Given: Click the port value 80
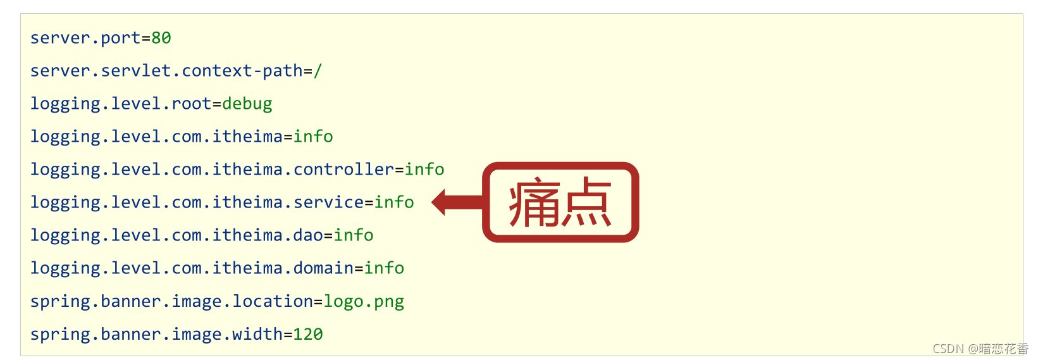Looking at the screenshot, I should pyautogui.click(x=161, y=38).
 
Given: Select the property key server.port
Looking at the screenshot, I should pyautogui.click(x=85, y=38).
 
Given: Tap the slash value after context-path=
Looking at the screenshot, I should pyautogui.click(x=318, y=71).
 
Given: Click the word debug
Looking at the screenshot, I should pyautogui.click(x=247, y=104).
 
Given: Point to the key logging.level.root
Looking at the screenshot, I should pyautogui.click(x=121, y=104).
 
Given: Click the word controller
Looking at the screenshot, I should pyautogui.click(x=343, y=170).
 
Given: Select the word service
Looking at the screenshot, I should pyautogui.click(x=328, y=202).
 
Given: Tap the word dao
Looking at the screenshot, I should pyautogui.click(x=308, y=235).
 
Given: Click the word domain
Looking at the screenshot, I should pyautogui.click(x=323, y=268).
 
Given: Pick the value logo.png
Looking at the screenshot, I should pyautogui.click(x=364, y=301).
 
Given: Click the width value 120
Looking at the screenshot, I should pyautogui.click(x=308, y=334).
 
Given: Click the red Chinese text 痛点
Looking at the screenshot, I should pyautogui.click(x=560, y=202).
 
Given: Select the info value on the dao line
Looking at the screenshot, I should pyautogui.click(x=354, y=235).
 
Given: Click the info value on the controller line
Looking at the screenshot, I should pyautogui.click(x=424, y=170).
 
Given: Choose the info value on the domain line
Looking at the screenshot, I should pyautogui.click(x=384, y=268).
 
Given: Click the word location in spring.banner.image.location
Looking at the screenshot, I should pyautogui.click(x=273, y=301).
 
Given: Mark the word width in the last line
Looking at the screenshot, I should pyautogui.click(x=257, y=334).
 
